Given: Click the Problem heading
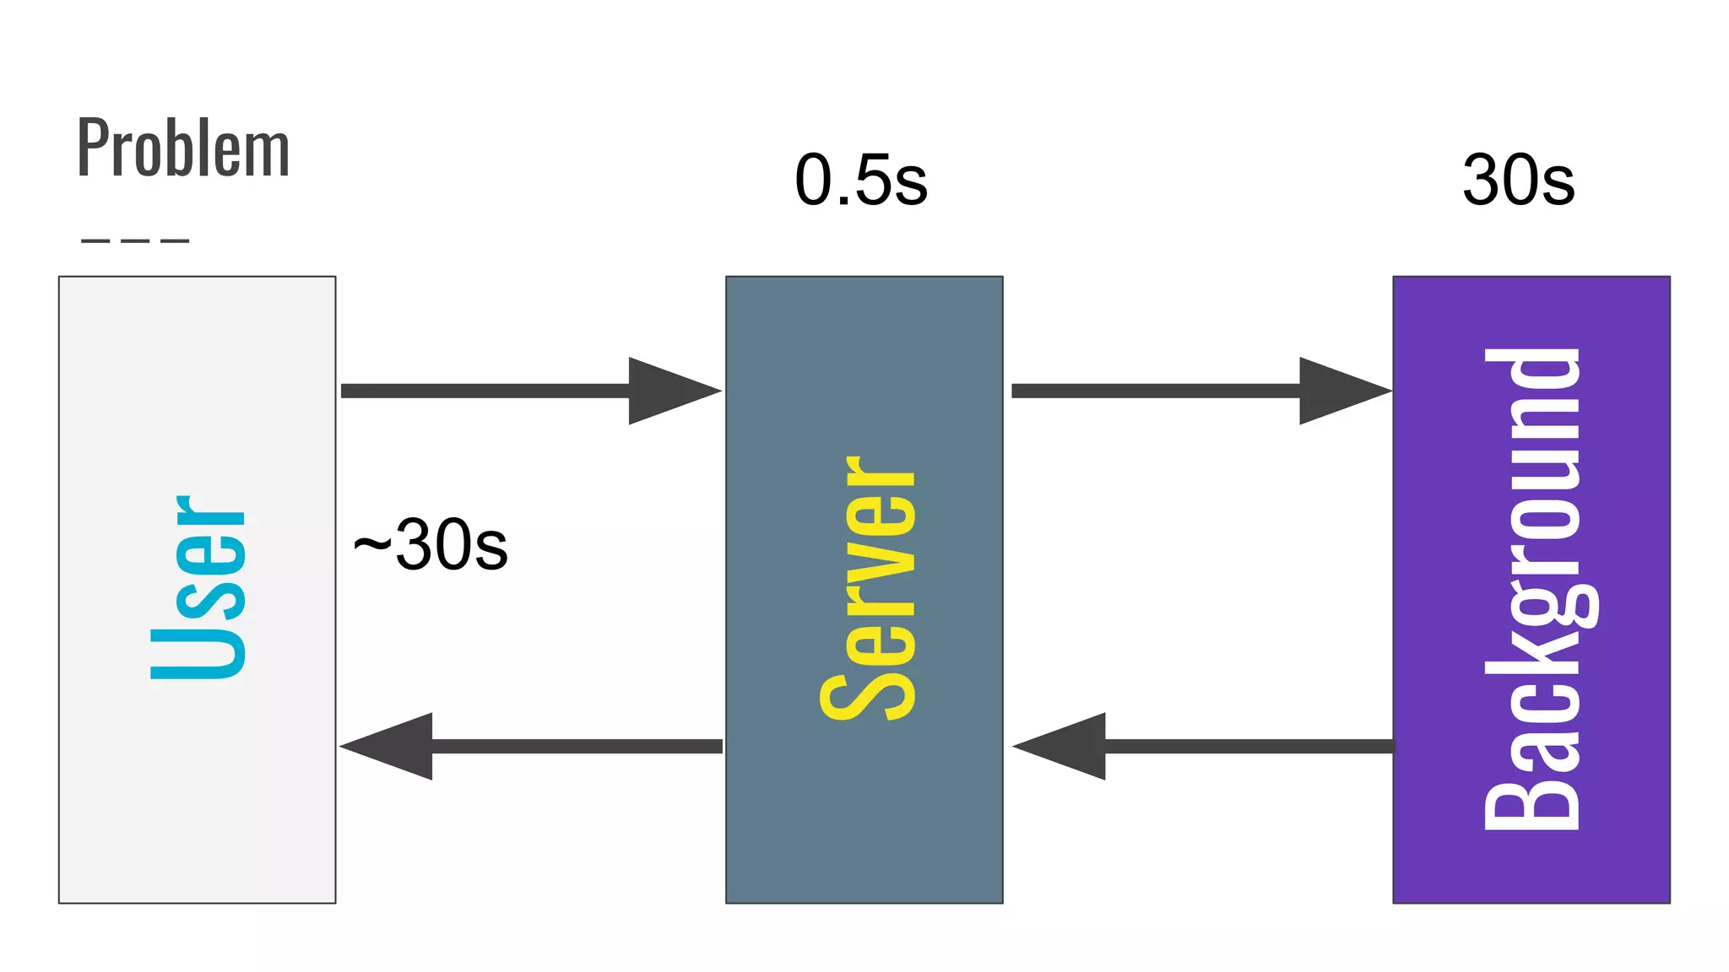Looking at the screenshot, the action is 183,148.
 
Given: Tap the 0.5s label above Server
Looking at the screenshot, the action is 860,180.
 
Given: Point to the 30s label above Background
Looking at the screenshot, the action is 1518,180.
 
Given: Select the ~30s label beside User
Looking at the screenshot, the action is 431,545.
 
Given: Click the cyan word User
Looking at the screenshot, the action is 198,587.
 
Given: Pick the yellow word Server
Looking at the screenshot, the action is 868,588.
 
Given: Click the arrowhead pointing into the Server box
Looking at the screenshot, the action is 671,391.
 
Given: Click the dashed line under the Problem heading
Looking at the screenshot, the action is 135,240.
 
